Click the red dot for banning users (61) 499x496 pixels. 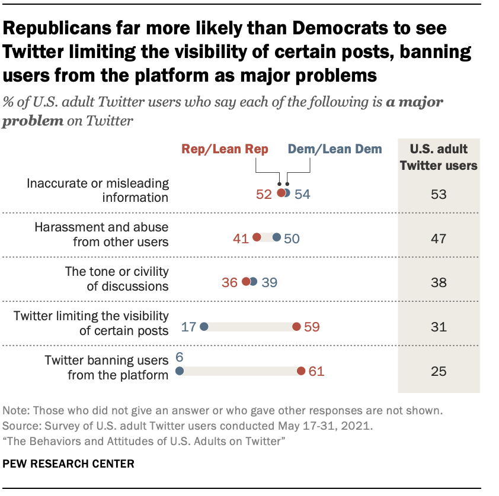click(x=301, y=371)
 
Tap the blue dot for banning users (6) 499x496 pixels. click(x=180, y=371)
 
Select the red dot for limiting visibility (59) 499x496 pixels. click(x=296, y=327)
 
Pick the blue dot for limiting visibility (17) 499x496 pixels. click(x=204, y=327)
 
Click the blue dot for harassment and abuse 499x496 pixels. click(x=277, y=237)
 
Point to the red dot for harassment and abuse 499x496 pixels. click(x=257, y=237)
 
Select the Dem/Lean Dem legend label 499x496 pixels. click(x=335, y=149)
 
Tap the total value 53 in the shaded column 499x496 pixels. click(x=439, y=194)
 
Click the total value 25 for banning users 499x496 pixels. click(x=439, y=372)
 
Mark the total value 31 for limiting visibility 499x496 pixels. click(x=439, y=327)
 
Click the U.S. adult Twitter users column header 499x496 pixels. click(x=439, y=157)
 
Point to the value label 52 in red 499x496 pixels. click(x=264, y=194)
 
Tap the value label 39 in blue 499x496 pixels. click(x=270, y=282)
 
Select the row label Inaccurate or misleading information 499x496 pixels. click(x=98, y=190)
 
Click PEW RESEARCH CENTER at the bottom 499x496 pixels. click(x=69, y=463)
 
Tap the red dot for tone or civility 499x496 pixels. click(x=246, y=282)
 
